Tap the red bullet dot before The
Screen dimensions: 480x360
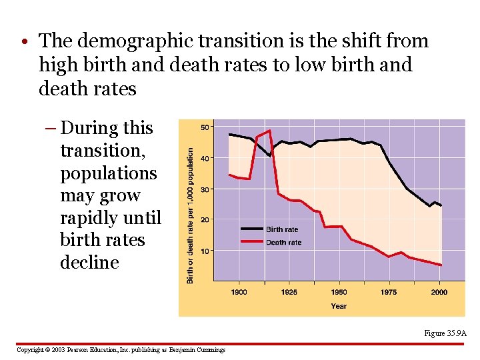point(25,41)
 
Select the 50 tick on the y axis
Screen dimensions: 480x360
point(205,127)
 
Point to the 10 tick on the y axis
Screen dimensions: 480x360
point(205,251)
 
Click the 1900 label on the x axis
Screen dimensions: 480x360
point(239,292)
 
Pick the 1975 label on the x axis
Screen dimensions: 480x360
point(389,292)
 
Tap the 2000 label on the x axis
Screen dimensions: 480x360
point(439,292)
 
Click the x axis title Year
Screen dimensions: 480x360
point(339,306)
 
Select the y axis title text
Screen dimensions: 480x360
point(190,216)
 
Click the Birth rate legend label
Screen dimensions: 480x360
point(282,229)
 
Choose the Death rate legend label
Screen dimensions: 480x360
point(284,243)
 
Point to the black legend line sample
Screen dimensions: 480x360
point(252,229)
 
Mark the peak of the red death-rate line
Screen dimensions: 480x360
point(269,131)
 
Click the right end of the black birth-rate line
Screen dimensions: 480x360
point(441,205)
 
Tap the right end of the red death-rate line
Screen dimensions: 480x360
point(441,265)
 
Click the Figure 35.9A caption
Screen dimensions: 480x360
point(445,333)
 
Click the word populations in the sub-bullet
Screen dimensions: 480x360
point(109,174)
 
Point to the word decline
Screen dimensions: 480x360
point(90,263)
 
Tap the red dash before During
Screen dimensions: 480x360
point(51,128)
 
